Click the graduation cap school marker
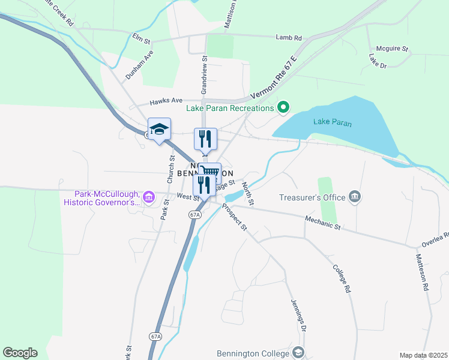coord(160,129)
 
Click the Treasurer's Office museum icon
coord(355,197)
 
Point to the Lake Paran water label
coord(332,123)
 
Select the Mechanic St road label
coord(323,223)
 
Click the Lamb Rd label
coord(289,38)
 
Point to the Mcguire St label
coord(391,48)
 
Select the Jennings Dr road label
coord(299,315)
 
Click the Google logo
coord(20,353)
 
